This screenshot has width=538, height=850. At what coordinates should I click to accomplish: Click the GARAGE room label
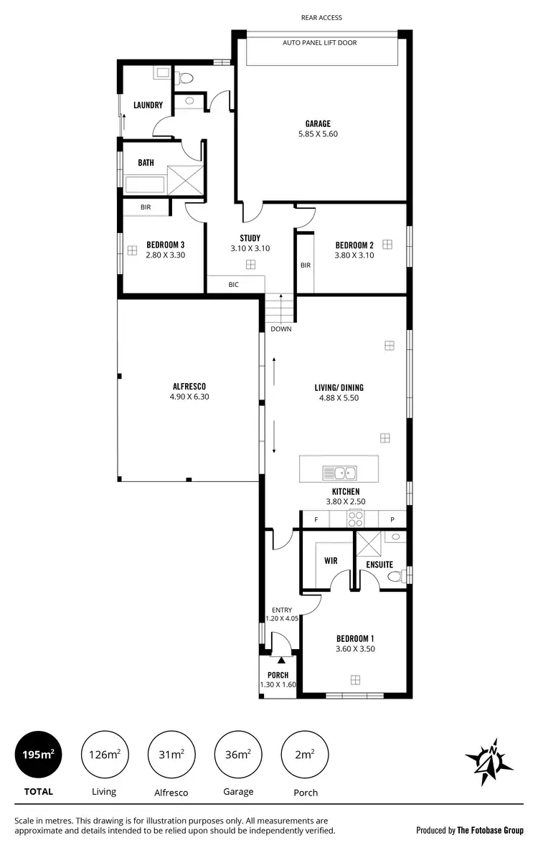318,123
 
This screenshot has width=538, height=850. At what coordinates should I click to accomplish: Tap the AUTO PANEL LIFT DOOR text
319,43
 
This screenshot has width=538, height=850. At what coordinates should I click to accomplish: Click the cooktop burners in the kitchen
355,519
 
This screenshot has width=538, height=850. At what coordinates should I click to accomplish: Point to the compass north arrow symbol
489,758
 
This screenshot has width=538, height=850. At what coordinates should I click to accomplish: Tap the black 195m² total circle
38,755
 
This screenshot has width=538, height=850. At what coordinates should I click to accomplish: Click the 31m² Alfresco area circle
171,755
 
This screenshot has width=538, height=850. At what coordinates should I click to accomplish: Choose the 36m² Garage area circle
238,755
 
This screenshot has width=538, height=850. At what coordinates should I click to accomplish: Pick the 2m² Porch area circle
305,755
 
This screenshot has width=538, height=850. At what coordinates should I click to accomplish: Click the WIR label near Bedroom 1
331,561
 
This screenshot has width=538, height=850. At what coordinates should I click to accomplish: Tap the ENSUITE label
379,565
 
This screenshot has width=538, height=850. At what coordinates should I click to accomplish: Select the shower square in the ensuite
370,546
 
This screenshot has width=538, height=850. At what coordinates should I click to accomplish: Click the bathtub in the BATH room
146,184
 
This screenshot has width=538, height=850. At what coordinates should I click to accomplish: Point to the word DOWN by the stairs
280,329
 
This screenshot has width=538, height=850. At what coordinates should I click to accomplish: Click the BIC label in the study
233,285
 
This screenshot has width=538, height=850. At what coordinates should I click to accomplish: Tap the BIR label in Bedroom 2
306,265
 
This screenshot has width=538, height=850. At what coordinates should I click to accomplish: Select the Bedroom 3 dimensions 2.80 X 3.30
166,254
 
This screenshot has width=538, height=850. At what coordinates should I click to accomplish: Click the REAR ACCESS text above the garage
321,18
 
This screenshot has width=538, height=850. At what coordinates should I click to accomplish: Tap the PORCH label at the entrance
278,675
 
